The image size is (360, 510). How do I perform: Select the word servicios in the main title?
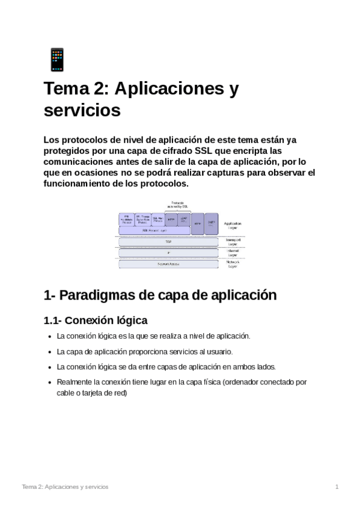coord(82,111)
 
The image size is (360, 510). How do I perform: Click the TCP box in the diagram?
coord(160,242)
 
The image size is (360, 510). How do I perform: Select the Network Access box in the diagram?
coord(160,264)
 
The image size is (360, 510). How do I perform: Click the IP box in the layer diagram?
coord(160,253)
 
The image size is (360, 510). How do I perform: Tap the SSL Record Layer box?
coord(154,230)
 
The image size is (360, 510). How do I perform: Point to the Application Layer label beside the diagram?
coord(233,226)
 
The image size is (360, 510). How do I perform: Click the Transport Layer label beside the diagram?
coord(233,242)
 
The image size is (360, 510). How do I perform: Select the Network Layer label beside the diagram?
coord(233,264)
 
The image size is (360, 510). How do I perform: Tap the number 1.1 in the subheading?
coord(51,320)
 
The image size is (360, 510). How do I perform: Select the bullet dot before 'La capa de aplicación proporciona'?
coord(49,352)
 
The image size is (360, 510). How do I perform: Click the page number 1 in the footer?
coord(337,487)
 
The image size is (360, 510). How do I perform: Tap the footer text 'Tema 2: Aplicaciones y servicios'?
coord(65,487)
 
